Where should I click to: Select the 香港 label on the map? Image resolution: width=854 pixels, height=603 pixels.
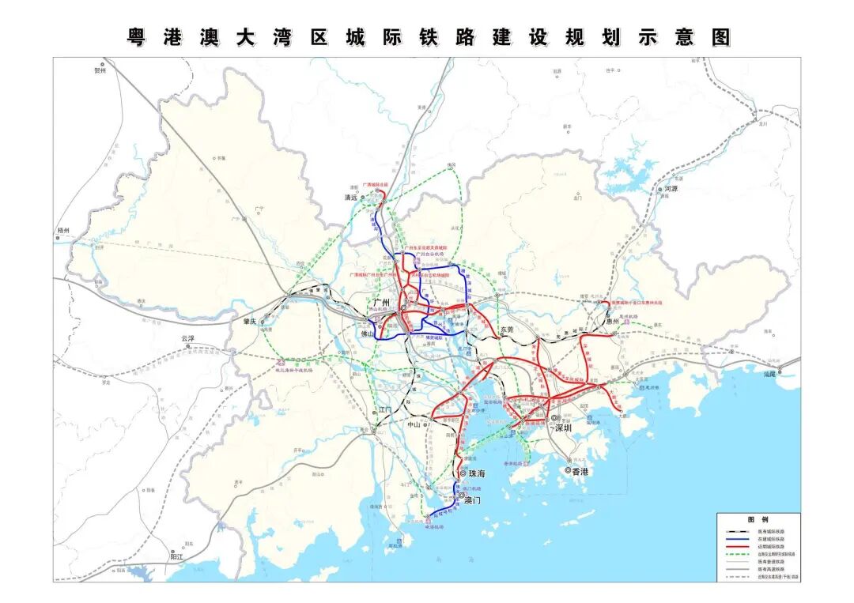581,471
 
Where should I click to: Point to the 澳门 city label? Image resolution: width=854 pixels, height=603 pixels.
473,499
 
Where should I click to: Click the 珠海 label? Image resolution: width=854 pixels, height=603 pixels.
477,474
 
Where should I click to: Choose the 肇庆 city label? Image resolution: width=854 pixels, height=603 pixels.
251,322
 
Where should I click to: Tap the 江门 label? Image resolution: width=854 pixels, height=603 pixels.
385,410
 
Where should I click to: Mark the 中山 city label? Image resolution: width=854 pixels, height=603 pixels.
414,424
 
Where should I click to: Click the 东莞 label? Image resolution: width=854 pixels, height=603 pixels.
507,330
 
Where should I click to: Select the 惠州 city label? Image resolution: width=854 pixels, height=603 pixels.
612,322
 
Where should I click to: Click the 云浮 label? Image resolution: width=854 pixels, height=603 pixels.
187,338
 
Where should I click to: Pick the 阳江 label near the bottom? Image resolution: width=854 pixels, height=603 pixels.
176,556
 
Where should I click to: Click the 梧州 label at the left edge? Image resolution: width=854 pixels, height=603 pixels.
63,231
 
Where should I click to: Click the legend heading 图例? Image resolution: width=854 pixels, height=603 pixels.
758,519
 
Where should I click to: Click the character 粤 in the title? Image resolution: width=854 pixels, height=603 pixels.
138,37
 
